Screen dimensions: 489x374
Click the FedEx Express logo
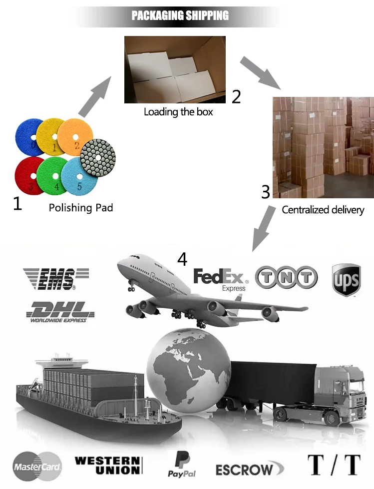click(221, 279)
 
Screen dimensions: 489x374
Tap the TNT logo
click(286, 278)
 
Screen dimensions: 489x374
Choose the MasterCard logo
click(37, 468)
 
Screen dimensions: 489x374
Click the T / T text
click(334, 465)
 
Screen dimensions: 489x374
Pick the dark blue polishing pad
click(31, 135)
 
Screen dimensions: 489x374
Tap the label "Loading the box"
click(178, 112)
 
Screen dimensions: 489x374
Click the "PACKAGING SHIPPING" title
click(180, 15)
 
